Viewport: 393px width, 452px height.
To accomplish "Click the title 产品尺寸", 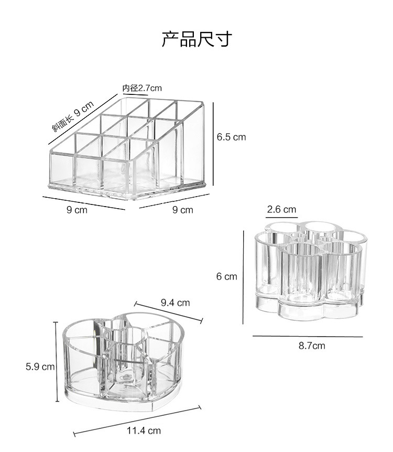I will (196, 39).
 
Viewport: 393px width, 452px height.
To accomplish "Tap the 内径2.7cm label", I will (142, 88).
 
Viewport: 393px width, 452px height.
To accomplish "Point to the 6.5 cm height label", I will (231, 137).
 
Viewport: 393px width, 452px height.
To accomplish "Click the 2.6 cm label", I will (281, 209).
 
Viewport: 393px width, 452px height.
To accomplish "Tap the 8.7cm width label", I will (312, 346).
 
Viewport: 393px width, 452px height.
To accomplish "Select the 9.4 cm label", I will (175, 303).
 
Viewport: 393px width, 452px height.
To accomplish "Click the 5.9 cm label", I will (40, 367).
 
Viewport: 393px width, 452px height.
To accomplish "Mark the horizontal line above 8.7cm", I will (308, 336).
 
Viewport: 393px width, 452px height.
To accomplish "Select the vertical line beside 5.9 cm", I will (56, 362).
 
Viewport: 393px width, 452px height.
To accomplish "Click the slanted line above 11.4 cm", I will (137, 419).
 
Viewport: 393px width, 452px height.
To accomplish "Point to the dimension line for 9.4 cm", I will (168, 312).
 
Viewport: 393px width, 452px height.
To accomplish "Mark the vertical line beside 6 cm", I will (243, 276).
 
